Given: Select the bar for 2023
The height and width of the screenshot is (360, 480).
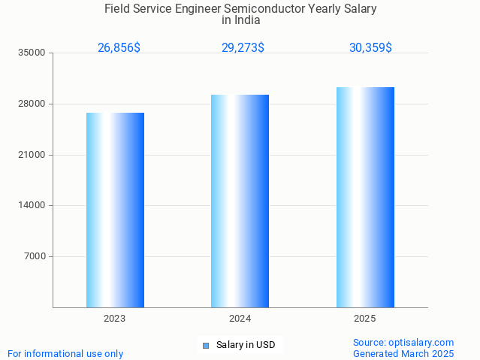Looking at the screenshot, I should coord(115,210).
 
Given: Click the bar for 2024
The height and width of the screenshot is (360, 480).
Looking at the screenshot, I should coord(240,201).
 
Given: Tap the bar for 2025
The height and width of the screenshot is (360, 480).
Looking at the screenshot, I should coord(365,197).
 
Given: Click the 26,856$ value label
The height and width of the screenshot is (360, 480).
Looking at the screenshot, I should coord(119,48).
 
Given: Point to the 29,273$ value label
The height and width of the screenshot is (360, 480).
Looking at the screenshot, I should coord(243,48).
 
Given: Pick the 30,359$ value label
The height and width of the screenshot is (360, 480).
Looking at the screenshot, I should coord(370,48).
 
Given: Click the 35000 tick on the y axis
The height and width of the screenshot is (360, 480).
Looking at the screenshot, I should coord(32,53).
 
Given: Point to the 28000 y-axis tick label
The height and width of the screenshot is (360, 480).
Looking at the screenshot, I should coord(32,104).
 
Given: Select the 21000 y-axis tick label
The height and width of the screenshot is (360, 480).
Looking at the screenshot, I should coord(32,155).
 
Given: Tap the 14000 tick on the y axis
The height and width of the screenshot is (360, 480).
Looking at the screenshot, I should coord(32,205).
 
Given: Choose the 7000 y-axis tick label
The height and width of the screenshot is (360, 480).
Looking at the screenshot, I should coord(35,256).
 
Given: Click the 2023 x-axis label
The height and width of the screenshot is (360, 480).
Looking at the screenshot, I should coord(115,319).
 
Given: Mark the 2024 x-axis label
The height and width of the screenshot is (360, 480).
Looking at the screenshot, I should coord(240,319).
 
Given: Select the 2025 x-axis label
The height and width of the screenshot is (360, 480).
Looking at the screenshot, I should coord(365,319).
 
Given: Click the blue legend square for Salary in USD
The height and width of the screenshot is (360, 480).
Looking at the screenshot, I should coord(205,346).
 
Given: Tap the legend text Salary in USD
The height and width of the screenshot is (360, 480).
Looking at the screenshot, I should coord(246,346).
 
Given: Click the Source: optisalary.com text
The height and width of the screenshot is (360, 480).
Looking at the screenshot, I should coord(403,343).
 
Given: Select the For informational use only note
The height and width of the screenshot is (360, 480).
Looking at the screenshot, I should coord(65,353).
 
